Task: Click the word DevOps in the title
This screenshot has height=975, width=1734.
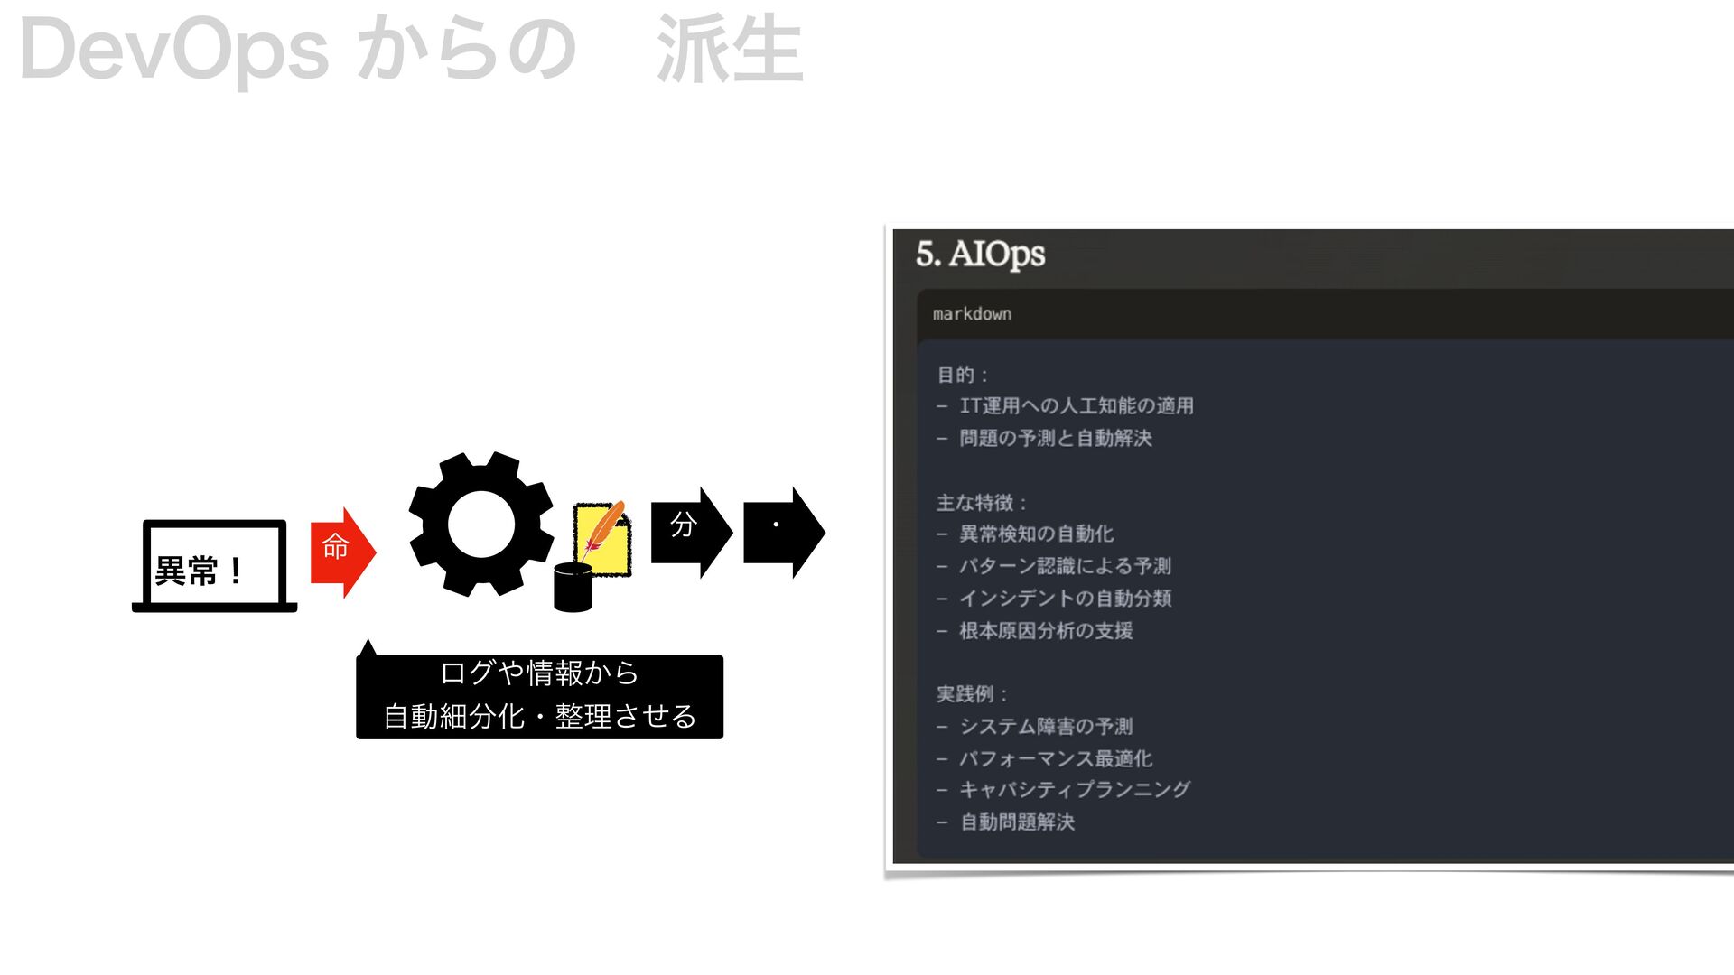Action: (x=173, y=50)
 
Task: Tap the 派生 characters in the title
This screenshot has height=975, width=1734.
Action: (x=730, y=50)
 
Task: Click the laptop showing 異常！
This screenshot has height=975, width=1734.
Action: (x=214, y=566)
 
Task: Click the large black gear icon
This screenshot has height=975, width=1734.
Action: (x=480, y=525)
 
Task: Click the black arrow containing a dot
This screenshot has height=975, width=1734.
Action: (x=783, y=532)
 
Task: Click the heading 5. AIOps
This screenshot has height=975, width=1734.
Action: (x=980, y=255)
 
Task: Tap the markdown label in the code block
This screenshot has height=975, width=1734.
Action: (x=972, y=314)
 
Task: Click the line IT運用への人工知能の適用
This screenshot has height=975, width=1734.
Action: (x=1076, y=406)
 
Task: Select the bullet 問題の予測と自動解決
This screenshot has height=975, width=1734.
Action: (x=1055, y=439)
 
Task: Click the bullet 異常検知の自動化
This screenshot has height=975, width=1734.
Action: (x=1036, y=534)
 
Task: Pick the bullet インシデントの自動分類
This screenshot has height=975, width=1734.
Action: (x=1065, y=599)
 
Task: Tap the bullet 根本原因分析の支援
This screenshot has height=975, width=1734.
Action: (x=1046, y=631)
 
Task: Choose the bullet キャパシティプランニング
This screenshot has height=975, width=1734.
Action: (x=1075, y=790)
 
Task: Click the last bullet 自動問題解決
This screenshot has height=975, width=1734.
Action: (x=1017, y=822)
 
